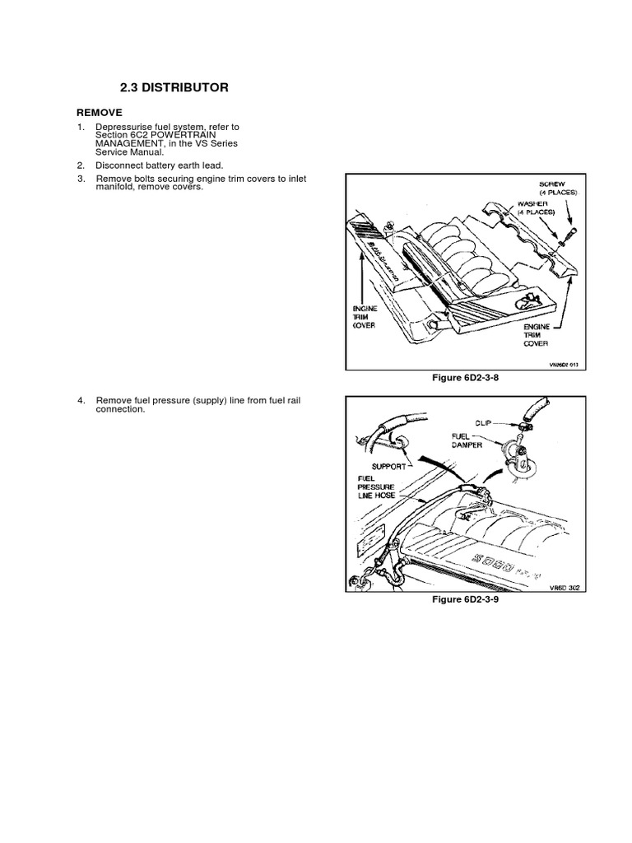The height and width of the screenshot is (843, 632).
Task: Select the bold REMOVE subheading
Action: tap(100, 112)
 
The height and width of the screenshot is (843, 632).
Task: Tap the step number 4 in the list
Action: tap(81, 400)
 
